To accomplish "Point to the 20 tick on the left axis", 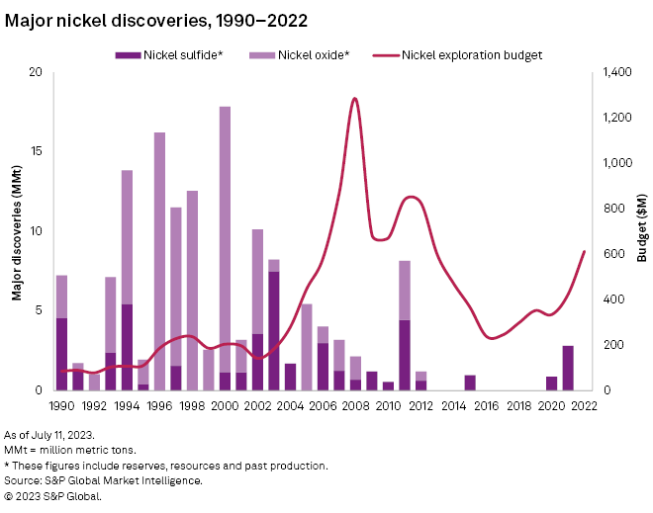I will click(37, 72).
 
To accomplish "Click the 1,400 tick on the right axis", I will click(616, 72).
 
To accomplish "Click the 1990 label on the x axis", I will click(61, 405).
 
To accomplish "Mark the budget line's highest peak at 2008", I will click(354, 98).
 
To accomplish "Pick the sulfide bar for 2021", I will click(568, 368).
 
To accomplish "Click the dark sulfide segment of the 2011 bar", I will click(405, 355).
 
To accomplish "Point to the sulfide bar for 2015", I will click(470, 383).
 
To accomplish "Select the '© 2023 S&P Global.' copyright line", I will click(53, 496).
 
